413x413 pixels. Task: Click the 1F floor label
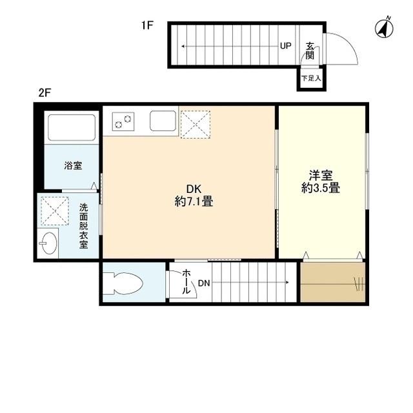147,26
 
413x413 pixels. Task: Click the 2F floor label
44,92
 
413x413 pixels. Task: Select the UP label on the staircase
285,46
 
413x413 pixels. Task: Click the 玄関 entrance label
310,50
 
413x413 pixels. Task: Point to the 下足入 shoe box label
310,79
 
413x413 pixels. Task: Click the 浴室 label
72,166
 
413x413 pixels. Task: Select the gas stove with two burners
123,119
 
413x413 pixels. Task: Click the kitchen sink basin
163,121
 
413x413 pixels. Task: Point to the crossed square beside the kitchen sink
196,123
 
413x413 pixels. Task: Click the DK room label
194,188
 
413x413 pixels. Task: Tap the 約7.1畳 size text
194,201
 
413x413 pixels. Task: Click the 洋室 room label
321,175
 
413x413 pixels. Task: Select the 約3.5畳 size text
321,188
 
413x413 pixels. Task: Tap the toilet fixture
126,283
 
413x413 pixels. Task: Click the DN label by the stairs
204,283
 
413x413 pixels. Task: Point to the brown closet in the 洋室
332,282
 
